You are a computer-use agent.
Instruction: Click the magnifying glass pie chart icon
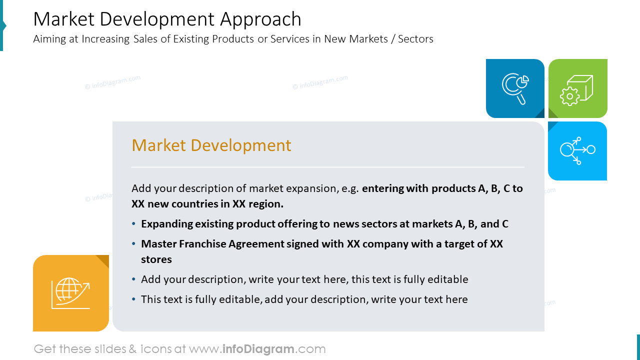(515, 88)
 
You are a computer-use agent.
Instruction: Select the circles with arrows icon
(577, 150)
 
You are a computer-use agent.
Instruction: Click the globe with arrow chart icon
(70, 293)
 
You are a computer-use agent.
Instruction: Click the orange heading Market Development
(211, 145)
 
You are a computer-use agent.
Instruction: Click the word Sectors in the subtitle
(415, 39)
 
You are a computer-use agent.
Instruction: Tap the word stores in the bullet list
(156, 259)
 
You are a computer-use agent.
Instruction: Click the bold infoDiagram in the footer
(258, 349)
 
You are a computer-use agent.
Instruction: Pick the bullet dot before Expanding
(133, 224)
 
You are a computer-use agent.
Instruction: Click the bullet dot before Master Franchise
(133, 244)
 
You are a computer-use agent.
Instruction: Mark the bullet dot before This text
(133, 299)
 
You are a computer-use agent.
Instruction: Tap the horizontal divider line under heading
(327, 167)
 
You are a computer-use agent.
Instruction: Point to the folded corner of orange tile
(103, 260)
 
